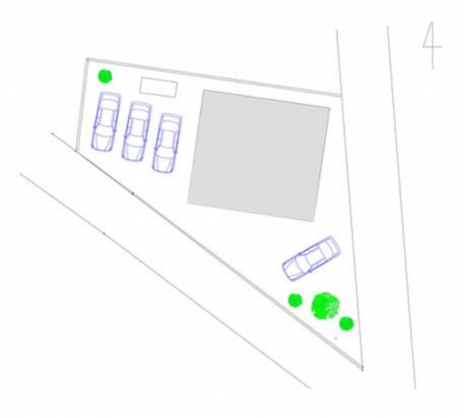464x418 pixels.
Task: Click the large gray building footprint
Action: click(x=259, y=156)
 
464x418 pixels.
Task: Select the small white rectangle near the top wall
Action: click(x=159, y=87)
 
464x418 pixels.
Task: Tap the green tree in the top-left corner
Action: click(x=105, y=76)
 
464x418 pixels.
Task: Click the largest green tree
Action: click(x=326, y=306)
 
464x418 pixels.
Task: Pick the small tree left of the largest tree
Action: click(x=295, y=300)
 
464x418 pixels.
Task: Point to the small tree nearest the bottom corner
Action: click(x=346, y=323)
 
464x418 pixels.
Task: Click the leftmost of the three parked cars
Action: click(x=106, y=122)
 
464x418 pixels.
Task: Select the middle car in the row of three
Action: click(x=136, y=132)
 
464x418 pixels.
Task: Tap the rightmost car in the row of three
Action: click(x=167, y=143)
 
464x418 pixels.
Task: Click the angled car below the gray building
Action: click(x=311, y=258)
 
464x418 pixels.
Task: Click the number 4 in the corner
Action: click(x=432, y=46)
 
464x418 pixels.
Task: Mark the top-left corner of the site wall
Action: click(x=87, y=59)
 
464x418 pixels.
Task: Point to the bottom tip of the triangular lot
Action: click(x=363, y=368)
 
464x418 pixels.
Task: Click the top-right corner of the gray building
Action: click(x=329, y=108)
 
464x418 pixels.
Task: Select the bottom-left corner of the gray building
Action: click(x=187, y=203)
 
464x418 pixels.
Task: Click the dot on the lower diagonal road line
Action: click(x=104, y=233)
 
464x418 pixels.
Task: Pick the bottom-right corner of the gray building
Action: click(x=314, y=221)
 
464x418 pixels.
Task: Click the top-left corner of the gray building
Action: click(x=203, y=90)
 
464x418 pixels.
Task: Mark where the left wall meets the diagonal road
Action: click(x=76, y=150)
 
